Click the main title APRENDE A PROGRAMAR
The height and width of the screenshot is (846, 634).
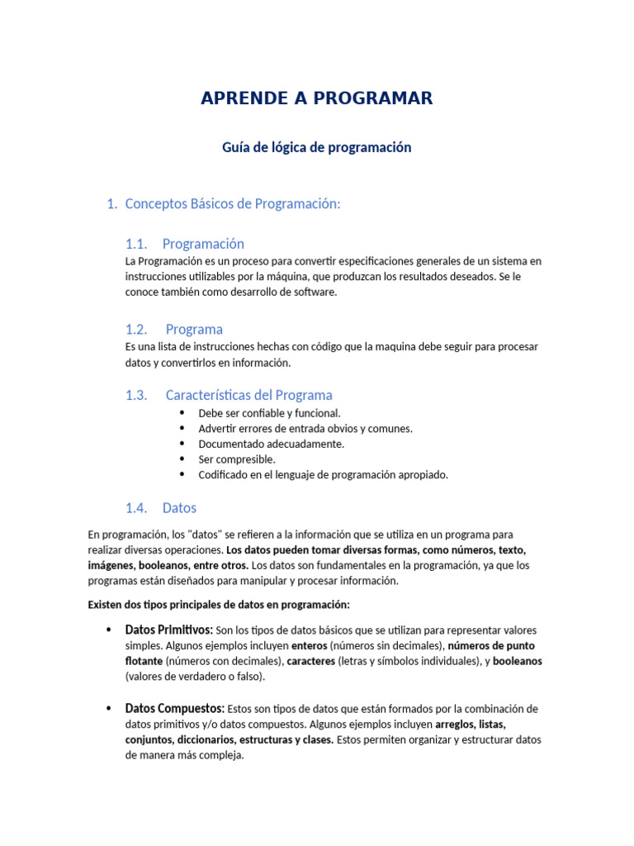316,98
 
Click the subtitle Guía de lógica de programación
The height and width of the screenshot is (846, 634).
316,147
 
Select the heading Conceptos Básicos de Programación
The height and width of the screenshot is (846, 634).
232,204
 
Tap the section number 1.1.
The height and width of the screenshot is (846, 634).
135,244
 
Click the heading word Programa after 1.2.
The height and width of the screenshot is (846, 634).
194,329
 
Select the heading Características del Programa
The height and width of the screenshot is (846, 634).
248,395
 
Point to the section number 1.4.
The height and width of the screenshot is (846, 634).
135,507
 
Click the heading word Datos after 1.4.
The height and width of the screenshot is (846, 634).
179,507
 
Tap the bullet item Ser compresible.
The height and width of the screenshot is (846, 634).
237,459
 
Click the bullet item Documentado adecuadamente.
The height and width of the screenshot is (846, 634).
271,444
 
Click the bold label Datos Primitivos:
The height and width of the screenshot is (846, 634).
168,630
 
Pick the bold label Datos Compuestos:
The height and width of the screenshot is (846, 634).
174,708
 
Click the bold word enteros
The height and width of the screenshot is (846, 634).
310,645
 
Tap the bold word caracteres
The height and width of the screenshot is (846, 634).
310,661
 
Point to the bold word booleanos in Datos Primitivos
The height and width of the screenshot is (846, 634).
518,661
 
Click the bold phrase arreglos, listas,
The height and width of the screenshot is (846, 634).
471,724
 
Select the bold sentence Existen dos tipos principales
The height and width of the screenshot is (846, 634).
219,605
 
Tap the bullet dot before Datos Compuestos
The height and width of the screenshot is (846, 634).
108,709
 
